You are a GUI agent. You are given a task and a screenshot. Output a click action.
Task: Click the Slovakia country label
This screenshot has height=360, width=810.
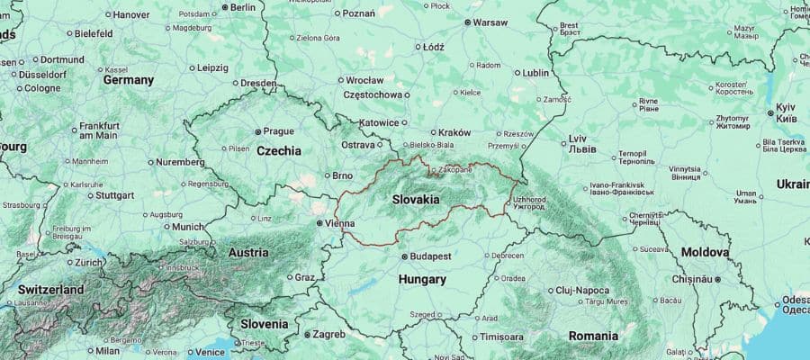(416, 199)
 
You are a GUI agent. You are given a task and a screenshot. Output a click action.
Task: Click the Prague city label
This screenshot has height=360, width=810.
(278, 130)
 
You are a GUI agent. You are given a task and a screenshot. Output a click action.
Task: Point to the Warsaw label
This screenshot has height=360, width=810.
(490, 22)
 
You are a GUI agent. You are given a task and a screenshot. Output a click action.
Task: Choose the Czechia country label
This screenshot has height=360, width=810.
(279, 151)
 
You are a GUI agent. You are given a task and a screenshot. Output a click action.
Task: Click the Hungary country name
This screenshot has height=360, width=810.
(422, 280)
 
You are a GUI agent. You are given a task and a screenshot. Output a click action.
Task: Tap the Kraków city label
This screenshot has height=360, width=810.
(456, 132)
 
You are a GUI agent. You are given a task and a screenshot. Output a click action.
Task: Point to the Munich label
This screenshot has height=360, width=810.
(190, 227)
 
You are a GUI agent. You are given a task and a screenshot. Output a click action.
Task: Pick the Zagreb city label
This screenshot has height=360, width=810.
(328, 334)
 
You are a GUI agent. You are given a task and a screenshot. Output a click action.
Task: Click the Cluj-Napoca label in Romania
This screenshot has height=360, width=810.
(582, 290)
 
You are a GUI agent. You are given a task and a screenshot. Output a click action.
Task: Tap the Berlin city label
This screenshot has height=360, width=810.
(243, 7)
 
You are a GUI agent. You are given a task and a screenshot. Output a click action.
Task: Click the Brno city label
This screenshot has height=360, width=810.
(342, 175)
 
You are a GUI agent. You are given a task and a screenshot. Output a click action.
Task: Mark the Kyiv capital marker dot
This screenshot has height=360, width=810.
(770, 112)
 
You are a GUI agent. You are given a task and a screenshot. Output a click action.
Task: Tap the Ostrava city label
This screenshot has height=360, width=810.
(357, 145)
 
